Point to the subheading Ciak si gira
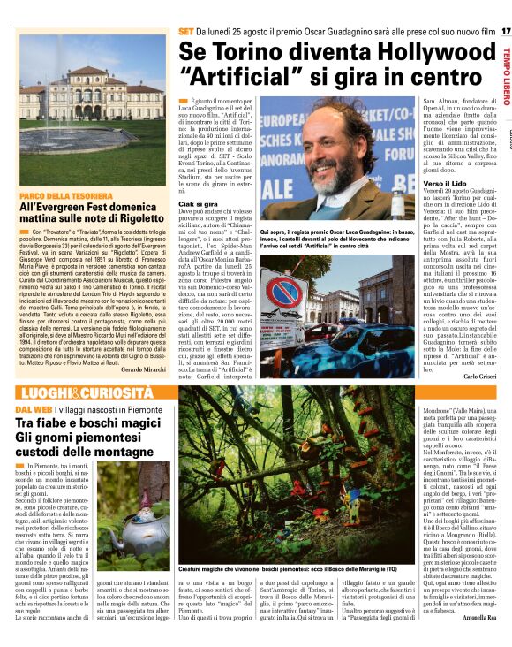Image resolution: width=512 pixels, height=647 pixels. pyautogui.click(x=199, y=203)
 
